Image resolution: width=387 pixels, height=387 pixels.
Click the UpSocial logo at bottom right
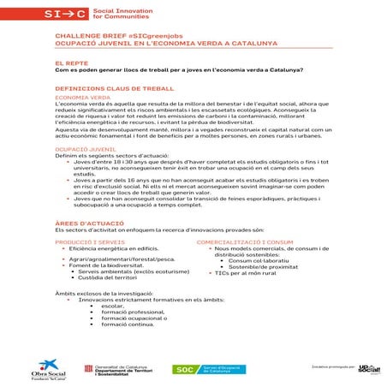367,368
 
